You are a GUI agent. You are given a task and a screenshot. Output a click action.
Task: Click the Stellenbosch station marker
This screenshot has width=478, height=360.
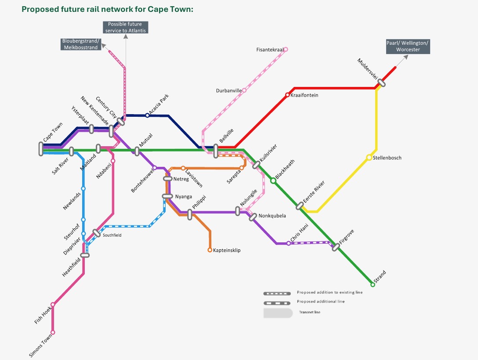pos(369,158)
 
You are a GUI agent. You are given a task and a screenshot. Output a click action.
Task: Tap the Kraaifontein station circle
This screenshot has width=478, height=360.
pos(287,95)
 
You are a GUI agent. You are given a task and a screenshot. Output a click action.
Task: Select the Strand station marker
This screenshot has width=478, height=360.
pos(373,284)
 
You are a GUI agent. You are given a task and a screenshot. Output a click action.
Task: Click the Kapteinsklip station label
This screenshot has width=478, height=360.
pos(227,250)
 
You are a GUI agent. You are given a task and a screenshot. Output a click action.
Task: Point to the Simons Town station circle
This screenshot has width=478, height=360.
pos(53,332)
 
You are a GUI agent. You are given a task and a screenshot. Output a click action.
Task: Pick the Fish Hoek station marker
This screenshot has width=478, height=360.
pos(53,304)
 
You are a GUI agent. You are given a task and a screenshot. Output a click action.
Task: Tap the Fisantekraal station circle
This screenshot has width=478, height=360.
pos(286,49)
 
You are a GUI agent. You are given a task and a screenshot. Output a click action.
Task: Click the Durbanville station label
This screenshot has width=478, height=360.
pos(229,91)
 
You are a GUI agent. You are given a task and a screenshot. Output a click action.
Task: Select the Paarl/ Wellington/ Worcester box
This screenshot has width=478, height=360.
pos(408,46)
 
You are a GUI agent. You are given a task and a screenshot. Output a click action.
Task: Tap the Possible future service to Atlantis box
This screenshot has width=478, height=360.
pos(126,27)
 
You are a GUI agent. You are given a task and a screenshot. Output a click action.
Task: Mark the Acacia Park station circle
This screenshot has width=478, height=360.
pos(147,115)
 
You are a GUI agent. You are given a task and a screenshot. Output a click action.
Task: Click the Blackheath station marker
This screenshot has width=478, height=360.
pos(273,180)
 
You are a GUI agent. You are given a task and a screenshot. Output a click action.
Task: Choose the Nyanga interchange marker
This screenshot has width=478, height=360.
pos(167,196)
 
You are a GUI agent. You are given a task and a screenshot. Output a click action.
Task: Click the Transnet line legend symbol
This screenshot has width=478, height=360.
pos(278,313)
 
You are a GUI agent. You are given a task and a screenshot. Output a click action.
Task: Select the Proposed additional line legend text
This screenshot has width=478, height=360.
pos(321,302)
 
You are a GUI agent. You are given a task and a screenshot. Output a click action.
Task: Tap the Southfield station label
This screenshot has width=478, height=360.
pos(112,235)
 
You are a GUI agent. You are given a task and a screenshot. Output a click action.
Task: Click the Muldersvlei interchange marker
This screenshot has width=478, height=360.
pos(381,83)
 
